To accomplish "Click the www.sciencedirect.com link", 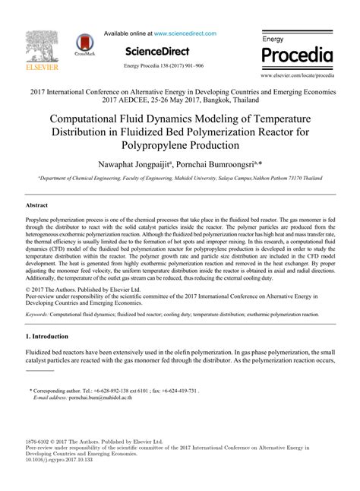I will coord(185,33).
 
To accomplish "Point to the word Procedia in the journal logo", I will coord(297,55).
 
